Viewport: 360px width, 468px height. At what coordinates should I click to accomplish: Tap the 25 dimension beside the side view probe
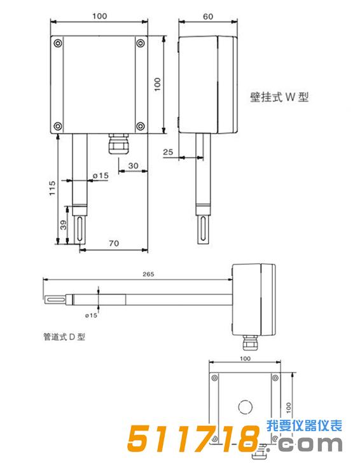pos(168,151)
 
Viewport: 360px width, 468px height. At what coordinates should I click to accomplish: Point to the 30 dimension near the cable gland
pos(133,165)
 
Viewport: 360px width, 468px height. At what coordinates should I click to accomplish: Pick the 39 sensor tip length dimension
pos(62,224)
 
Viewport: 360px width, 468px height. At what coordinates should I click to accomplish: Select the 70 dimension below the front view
pos(114,243)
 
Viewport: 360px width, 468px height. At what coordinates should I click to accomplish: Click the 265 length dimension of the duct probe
pos(148,274)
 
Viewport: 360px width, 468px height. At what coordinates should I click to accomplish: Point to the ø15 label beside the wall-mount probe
pos(100,175)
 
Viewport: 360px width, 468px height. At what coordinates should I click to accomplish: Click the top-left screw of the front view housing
pos(58,43)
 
